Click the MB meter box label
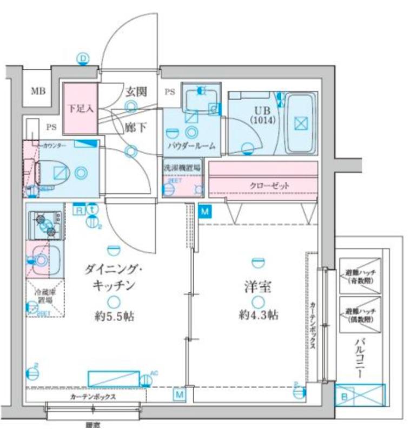click(37, 90)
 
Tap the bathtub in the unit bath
click(300, 123)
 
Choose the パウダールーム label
click(191, 146)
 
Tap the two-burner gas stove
click(45, 225)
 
